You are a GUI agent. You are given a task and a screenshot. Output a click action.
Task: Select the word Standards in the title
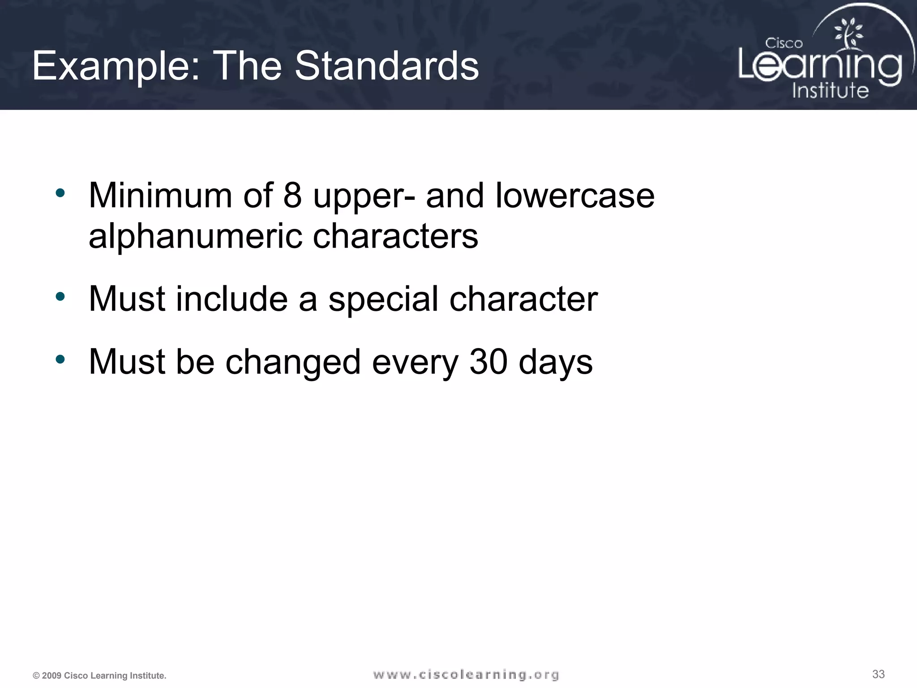386,66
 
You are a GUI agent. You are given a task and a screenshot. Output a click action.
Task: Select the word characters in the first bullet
395,236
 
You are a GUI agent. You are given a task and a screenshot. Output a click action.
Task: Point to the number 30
488,362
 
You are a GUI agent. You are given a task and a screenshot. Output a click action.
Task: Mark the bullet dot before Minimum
60,193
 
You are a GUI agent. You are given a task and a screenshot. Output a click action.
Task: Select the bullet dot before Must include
60,297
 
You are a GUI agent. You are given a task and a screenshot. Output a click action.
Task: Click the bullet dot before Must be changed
60,359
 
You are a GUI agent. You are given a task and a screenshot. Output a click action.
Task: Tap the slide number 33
878,674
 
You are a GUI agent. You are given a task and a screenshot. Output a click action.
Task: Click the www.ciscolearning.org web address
466,675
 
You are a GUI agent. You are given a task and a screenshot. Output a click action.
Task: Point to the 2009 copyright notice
99,676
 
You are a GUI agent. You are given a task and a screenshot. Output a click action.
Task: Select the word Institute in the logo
830,90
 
